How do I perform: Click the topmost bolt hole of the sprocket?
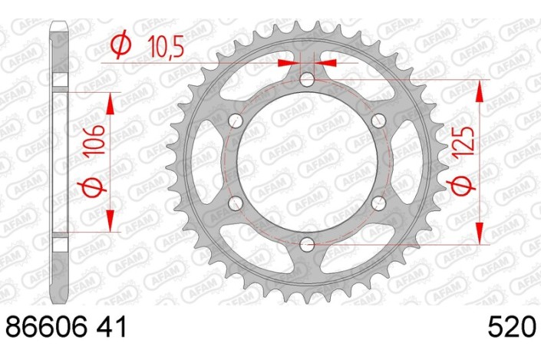pos(307,79)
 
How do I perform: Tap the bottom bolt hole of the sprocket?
pos(307,244)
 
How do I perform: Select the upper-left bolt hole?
pos(236,121)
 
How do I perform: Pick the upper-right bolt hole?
pos(378,121)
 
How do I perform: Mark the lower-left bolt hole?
pos(236,203)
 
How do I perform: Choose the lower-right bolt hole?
pos(378,203)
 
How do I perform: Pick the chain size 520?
pos(510,327)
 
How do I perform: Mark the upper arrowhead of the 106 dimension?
pos(112,102)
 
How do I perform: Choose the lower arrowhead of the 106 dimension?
pos(112,223)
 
